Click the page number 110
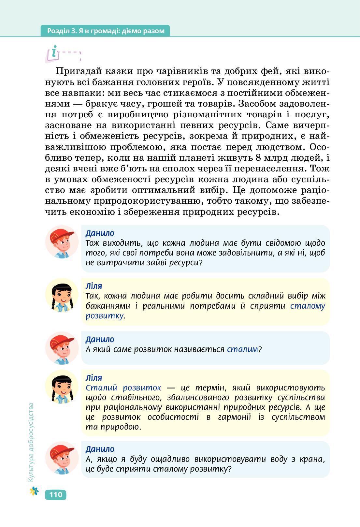point(56,495)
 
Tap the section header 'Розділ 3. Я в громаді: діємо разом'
point(106,31)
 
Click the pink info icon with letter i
point(54,53)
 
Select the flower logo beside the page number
point(34,491)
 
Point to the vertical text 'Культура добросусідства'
point(31,442)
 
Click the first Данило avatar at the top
point(62,242)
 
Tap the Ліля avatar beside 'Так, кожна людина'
point(62,295)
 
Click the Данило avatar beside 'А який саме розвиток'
point(62,348)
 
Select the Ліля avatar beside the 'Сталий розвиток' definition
point(62,387)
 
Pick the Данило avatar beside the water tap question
point(62,458)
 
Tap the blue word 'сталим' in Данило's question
point(242,349)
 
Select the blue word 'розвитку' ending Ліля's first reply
point(105,316)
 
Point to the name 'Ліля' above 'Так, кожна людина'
point(94,286)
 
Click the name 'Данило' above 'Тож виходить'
point(100,233)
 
